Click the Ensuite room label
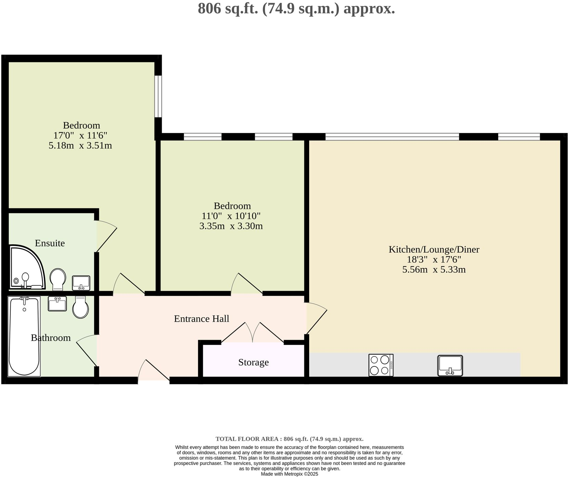pyautogui.click(x=50, y=243)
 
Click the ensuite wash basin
pyautogui.click(x=81, y=283)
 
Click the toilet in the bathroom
pyautogui.click(x=81, y=307)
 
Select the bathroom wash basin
pyautogui.click(x=57, y=304)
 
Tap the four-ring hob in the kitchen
pyautogui.click(x=381, y=365)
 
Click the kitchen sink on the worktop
pyautogui.click(x=450, y=365)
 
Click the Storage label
pyautogui.click(x=253, y=362)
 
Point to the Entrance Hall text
pyautogui.click(x=201, y=319)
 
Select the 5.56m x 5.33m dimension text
pyautogui.click(x=434, y=270)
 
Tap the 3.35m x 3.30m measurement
pyautogui.click(x=231, y=226)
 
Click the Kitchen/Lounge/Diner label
pyautogui.click(x=434, y=249)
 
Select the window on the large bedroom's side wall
pyautogui.click(x=158, y=96)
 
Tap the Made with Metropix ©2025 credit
pyautogui.click(x=289, y=474)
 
